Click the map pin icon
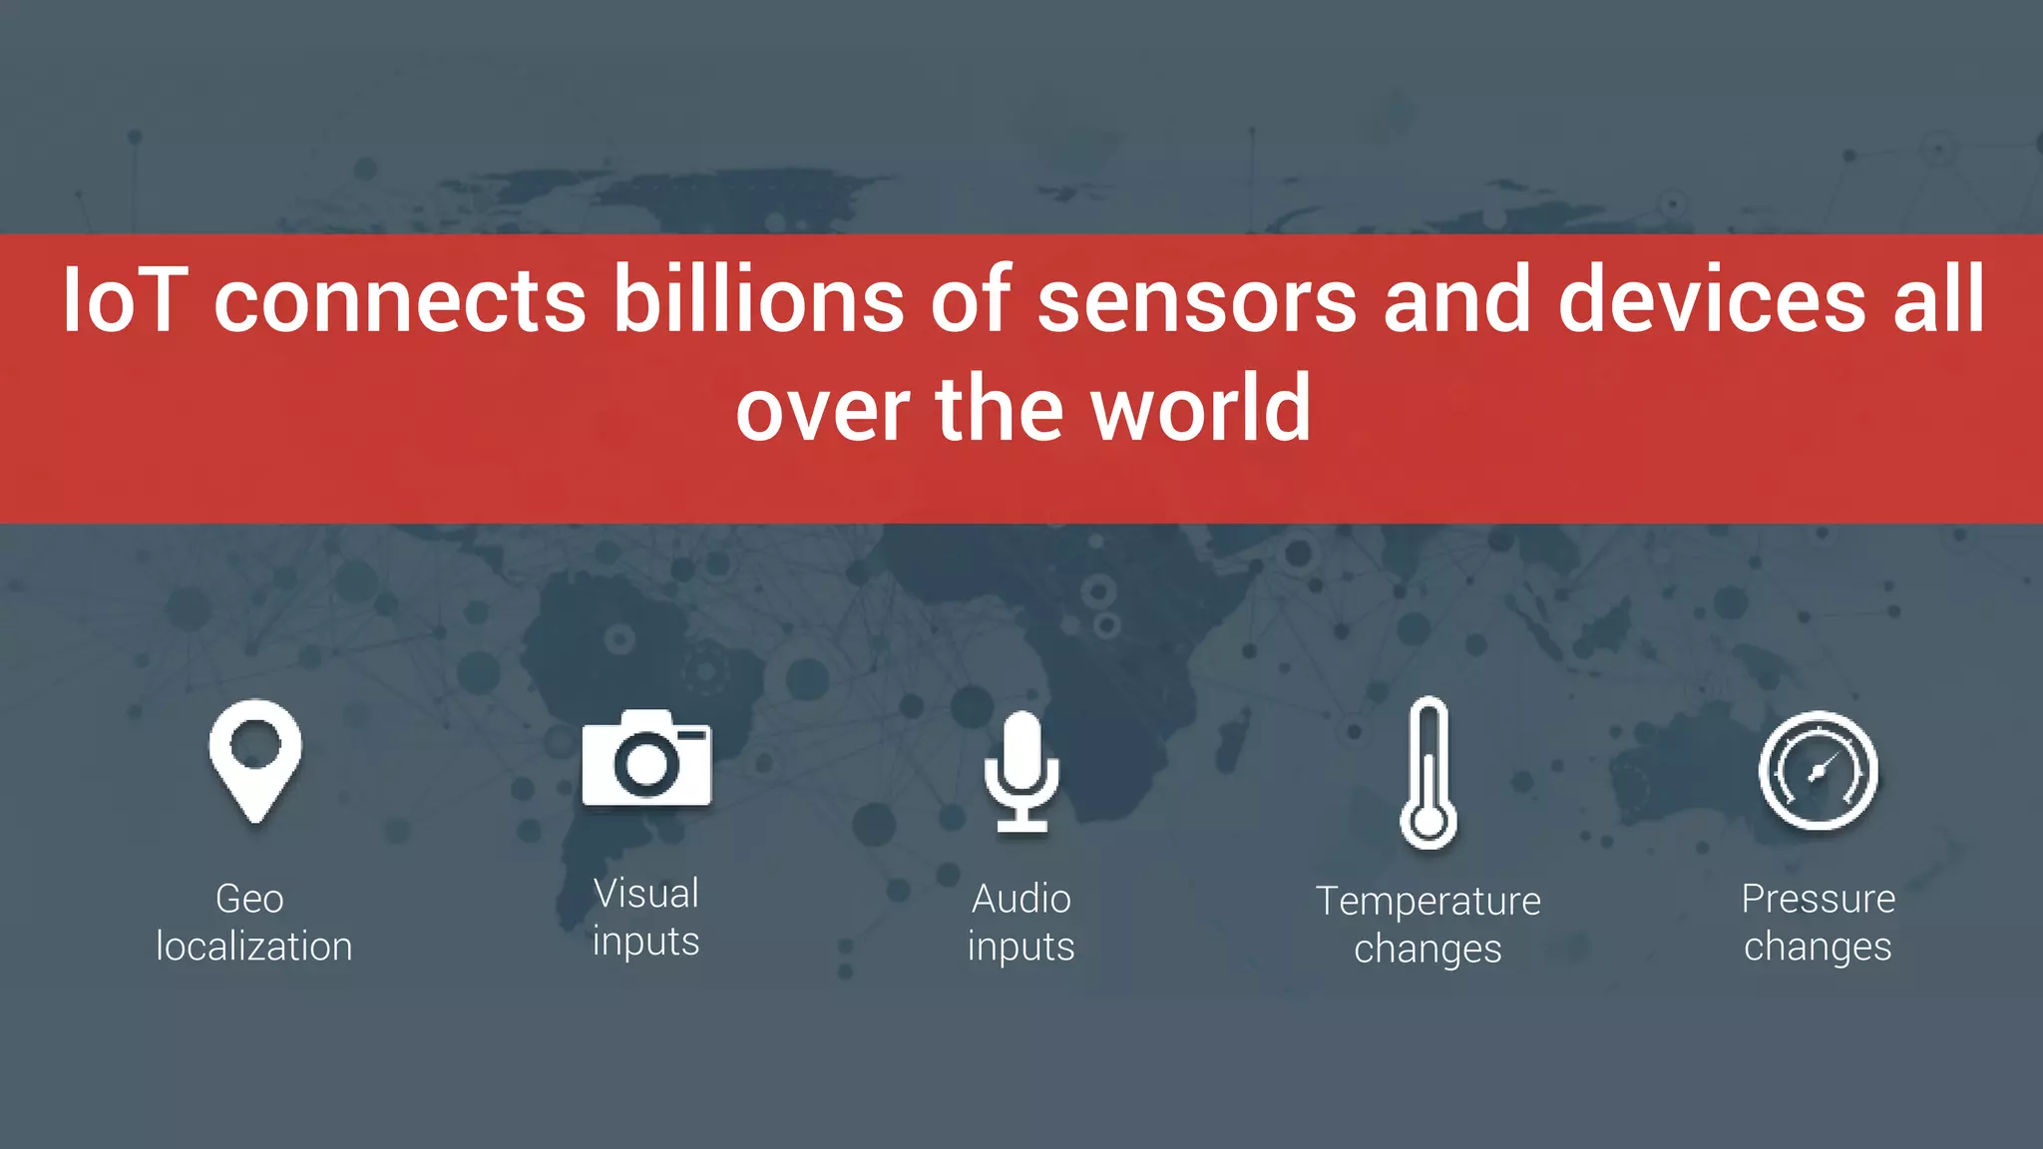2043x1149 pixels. coord(255,758)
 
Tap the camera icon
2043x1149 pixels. coord(646,758)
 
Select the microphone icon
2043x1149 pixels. coord(1021,770)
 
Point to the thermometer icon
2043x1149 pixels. coord(1429,772)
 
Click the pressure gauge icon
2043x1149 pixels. coord(1818,770)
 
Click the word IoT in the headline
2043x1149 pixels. coord(125,300)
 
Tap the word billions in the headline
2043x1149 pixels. coord(758,300)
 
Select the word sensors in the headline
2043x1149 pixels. coord(1197,300)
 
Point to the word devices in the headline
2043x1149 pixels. coord(1712,300)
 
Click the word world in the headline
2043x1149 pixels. coord(1201,409)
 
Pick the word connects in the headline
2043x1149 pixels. coord(400,300)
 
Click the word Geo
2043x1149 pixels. coord(249,899)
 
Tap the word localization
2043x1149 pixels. coord(254,947)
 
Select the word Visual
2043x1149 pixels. coord(646,894)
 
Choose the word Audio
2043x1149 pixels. coord(1021,899)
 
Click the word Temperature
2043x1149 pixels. coord(1429,902)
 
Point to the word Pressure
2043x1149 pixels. coord(1818,899)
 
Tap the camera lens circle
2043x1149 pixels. coord(646,764)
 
